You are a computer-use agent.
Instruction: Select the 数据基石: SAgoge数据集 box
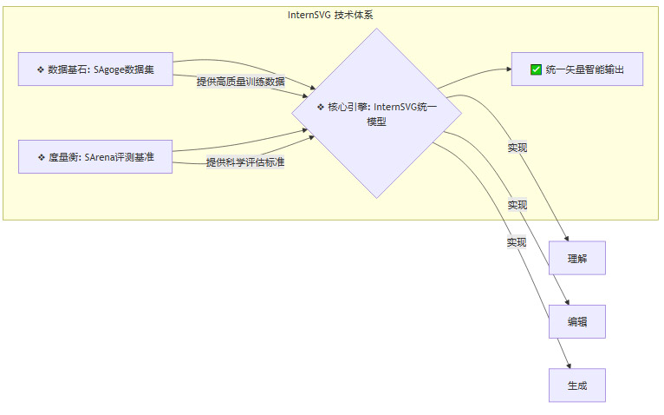point(95,69)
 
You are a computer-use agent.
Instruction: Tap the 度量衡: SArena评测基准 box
point(95,157)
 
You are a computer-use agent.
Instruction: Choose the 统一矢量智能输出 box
point(576,69)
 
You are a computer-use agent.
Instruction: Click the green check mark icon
point(536,69)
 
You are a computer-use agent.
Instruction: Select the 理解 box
point(576,259)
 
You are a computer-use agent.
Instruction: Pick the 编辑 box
point(576,321)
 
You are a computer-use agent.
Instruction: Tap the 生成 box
point(576,385)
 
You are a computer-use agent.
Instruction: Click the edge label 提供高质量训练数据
point(240,82)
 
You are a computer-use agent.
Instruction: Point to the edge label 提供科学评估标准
point(245,162)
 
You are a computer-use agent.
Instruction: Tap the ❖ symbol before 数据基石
point(41,69)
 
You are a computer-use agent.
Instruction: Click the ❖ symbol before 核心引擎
point(321,107)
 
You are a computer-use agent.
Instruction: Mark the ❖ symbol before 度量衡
point(42,157)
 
